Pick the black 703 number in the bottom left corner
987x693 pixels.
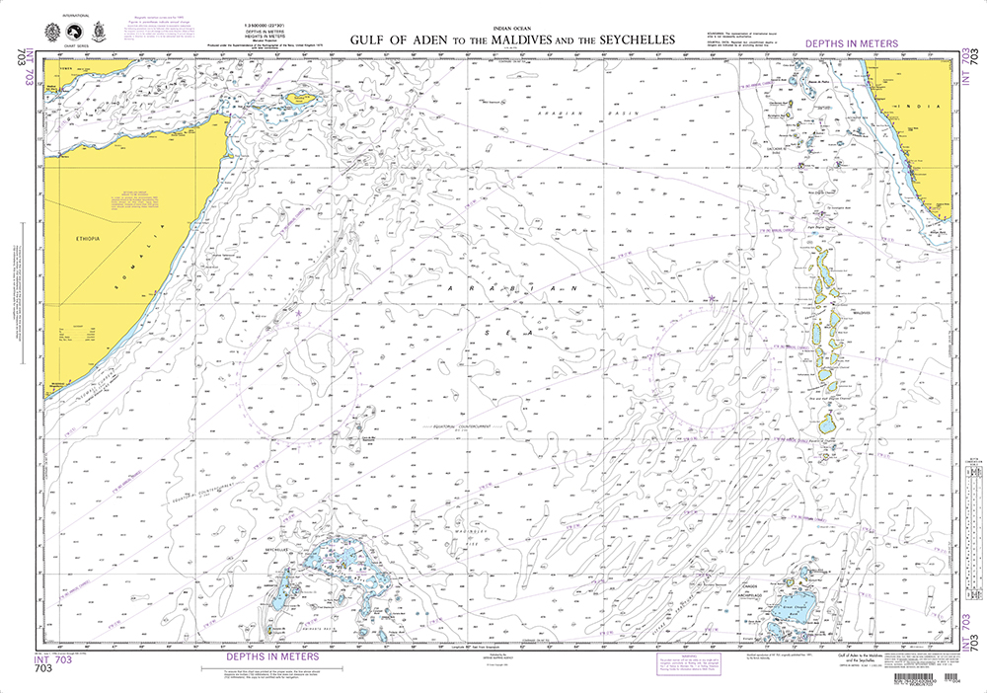42,668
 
